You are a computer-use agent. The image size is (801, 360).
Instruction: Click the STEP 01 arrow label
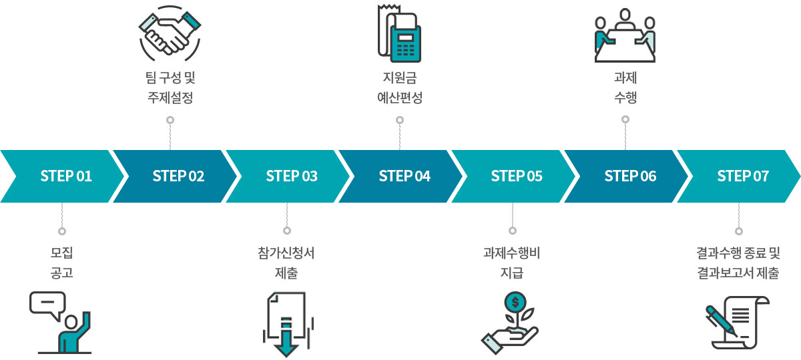[x=66, y=176]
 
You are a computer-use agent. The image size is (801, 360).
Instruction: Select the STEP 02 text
[x=178, y=176]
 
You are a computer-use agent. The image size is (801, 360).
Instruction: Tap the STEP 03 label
[x=292, y=176]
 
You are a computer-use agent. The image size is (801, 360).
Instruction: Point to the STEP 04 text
[x=405, y=176]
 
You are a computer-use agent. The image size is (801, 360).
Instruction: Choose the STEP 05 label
[x=517, y=176]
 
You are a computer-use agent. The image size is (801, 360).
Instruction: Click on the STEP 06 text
[x=630, y=176]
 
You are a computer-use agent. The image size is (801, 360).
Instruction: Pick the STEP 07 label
[x=743, y=176]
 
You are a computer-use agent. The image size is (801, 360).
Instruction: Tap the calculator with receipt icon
[x=399, y=33]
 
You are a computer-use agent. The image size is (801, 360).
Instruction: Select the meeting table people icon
[x=625, y=35]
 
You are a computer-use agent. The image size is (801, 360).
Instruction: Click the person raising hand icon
[x=74, y=333]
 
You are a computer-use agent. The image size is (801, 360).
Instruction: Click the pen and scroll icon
[x=738, y=323]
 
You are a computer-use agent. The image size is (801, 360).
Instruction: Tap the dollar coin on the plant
[x=515, y=302]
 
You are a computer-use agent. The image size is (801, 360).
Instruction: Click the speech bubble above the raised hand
[x=47, y=303]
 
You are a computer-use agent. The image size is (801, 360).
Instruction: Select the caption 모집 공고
[x=62, y=263]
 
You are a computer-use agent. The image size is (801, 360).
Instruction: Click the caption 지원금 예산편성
[x=400, y=87]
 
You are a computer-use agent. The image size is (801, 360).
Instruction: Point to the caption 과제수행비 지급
[x=512, y=263]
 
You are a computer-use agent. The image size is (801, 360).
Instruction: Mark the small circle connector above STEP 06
[x=625, y=119]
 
